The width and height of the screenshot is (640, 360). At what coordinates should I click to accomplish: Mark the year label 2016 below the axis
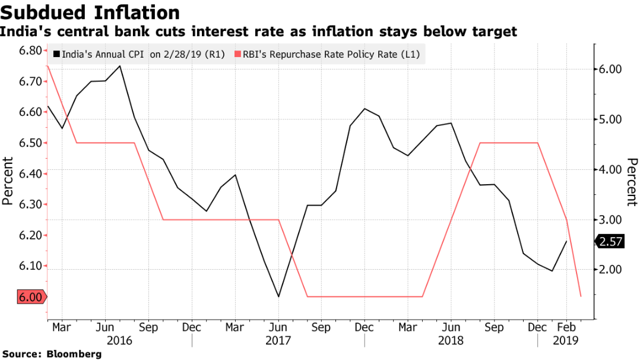click(x=119, y=341)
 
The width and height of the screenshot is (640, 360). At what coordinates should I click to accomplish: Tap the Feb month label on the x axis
click(x=565, y=327)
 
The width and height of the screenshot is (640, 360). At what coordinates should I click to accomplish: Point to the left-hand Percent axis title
click(x=8, y=181)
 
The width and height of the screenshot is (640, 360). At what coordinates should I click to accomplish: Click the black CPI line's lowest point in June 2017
click(x=278, y=296)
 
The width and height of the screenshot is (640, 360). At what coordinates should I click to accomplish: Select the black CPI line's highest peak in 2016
click(x=121, y=66)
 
